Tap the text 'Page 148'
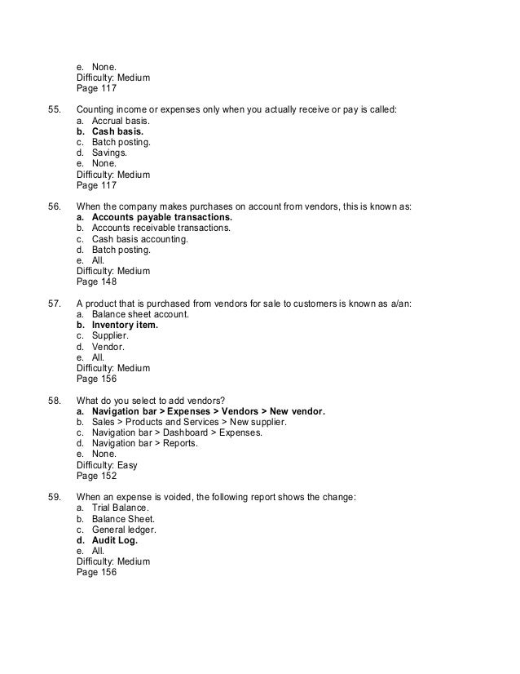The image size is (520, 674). [x=96, y=283]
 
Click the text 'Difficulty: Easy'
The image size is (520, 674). [x=107, y=464]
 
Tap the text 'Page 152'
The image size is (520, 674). [x=96, y=476]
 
